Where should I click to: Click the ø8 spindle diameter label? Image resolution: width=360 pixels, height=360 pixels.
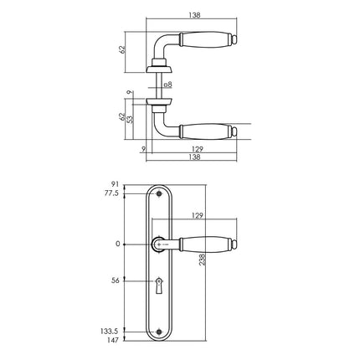coord(167,85)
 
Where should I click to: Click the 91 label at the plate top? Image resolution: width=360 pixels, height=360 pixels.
coord(116,183)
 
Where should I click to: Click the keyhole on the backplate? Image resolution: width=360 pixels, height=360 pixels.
coord(159,290)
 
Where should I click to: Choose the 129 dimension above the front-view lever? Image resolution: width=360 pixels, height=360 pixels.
coord(198,215)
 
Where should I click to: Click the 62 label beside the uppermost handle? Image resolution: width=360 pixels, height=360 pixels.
coord(122,49)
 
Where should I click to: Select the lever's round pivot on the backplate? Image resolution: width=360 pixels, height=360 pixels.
coord(159,244)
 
